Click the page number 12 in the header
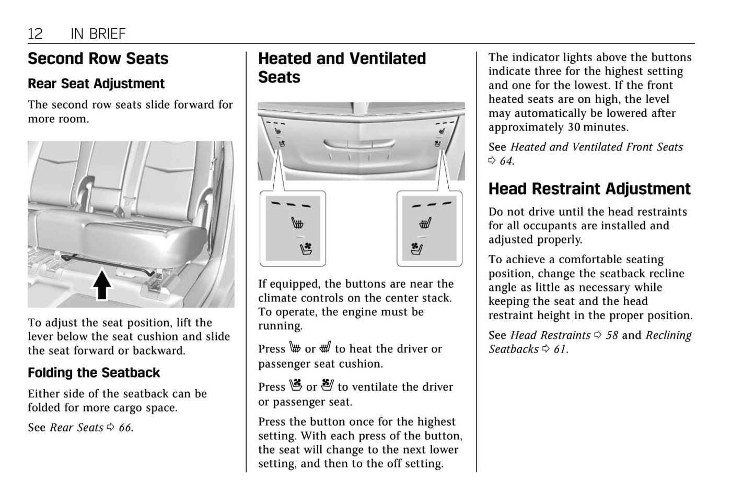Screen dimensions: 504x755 [35, 34]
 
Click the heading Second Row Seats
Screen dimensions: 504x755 [98, 58]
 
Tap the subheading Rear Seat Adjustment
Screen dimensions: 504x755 [96, 84]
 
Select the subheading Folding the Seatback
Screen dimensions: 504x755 [94, 372]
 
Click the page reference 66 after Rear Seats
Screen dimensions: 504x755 [125, 428]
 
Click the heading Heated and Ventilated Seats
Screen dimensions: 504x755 [342, 68]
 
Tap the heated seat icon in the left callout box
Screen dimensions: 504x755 [297, 224]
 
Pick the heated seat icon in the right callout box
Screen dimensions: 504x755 [425, 224]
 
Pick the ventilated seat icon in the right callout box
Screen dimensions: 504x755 [416, 248]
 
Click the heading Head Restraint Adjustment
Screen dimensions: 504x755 [589, 189]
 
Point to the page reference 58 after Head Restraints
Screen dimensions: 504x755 [611, 335]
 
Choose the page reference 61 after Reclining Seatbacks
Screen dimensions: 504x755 [560, 349]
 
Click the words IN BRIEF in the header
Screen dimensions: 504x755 [98, 34]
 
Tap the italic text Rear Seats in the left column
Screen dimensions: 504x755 [77, 428]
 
